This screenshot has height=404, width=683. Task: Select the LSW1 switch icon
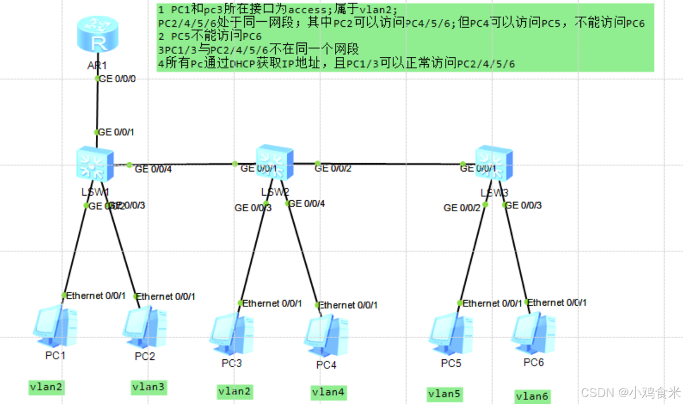[x=96, y=163]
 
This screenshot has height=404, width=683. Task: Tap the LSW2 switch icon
[x=275, y=162]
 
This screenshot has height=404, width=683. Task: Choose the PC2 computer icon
[x=144, y=327]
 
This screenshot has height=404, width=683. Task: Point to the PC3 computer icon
[x=231, y=333]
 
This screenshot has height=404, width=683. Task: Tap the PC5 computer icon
[x=451, y=333]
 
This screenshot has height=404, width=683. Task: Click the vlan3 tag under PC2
[x=149, y=387]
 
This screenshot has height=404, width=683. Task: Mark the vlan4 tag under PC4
[x=328, y=392]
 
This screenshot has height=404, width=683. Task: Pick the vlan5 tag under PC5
[x=445, y=394]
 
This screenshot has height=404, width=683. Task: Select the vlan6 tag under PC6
[x=532, y=396]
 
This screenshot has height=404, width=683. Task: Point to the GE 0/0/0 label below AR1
[x=118, y=79]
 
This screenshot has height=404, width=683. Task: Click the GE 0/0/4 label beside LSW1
[x=153, y=169]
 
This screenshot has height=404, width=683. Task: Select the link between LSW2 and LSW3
[x=390, y=164]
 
